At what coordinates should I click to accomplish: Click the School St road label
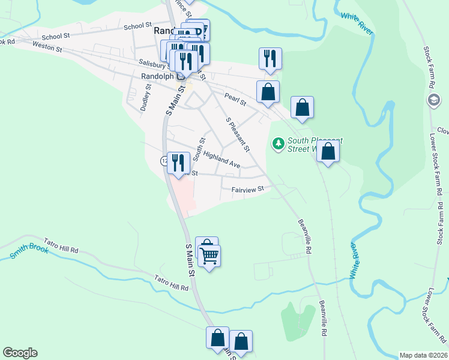[x=137, y=26]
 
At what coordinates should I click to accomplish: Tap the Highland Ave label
[x=221, y=160]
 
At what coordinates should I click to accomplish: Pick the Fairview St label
[x=248, y=190]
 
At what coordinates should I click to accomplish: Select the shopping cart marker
[x=209, y=256]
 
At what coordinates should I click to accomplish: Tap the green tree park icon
[x=278, y=144]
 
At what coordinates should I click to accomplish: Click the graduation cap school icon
[x=433, y=100]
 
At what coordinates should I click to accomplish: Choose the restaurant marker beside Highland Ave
[x=178, y=163]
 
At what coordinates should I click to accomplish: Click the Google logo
[x=20, y=353]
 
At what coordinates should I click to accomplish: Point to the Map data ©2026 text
[x=423, y=355]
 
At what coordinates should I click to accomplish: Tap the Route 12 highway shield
[x=164, y=161]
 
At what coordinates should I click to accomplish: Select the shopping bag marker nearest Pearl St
[x=268, y=92]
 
